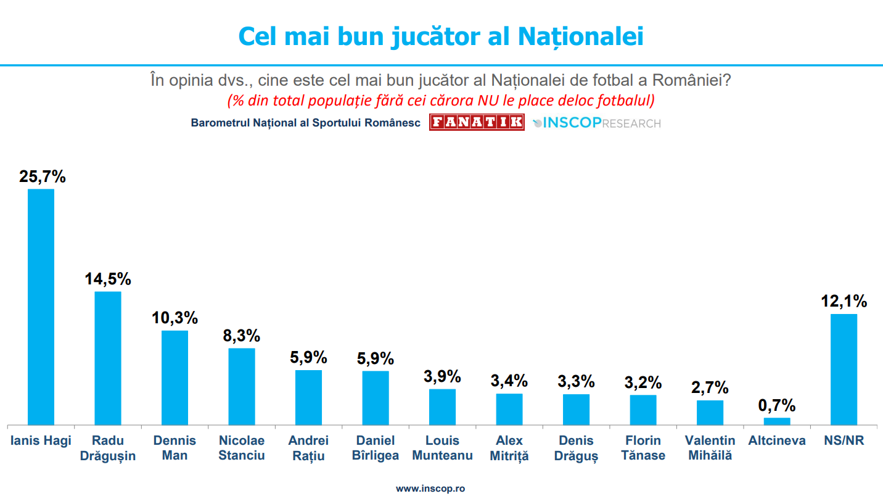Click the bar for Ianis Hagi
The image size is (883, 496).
41,307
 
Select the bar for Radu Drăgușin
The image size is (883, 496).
108,358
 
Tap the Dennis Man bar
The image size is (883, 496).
175,378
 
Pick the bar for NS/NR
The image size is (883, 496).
844,369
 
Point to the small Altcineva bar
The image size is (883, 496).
777,421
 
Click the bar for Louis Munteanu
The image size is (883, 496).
442,407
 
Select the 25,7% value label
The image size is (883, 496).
42,176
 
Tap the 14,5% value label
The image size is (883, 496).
108,278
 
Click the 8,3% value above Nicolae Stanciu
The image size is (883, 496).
241,336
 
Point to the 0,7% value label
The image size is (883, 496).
777,406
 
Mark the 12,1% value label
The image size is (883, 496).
844,302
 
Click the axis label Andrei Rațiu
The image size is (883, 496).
308,448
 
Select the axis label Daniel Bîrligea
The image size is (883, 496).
376,448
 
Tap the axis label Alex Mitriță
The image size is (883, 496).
509,448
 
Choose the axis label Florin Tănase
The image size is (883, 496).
643,448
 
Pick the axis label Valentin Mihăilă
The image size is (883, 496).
710,448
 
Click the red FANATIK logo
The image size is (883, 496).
477,122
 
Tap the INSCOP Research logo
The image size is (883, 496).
596,123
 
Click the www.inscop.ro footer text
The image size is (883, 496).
430,488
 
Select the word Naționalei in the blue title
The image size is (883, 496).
580,36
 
